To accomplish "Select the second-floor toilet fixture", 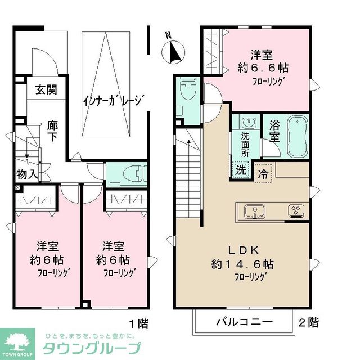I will click(187, 90).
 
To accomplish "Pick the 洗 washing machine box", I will click(241, 169).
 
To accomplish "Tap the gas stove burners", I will click(295, 211).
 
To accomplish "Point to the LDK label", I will click(242, 249).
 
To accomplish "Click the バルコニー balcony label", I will click(244, 322).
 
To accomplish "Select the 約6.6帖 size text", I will click(262, 67).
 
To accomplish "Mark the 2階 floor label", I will click(308, 323).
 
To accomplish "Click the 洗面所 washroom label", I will click(246, 143).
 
